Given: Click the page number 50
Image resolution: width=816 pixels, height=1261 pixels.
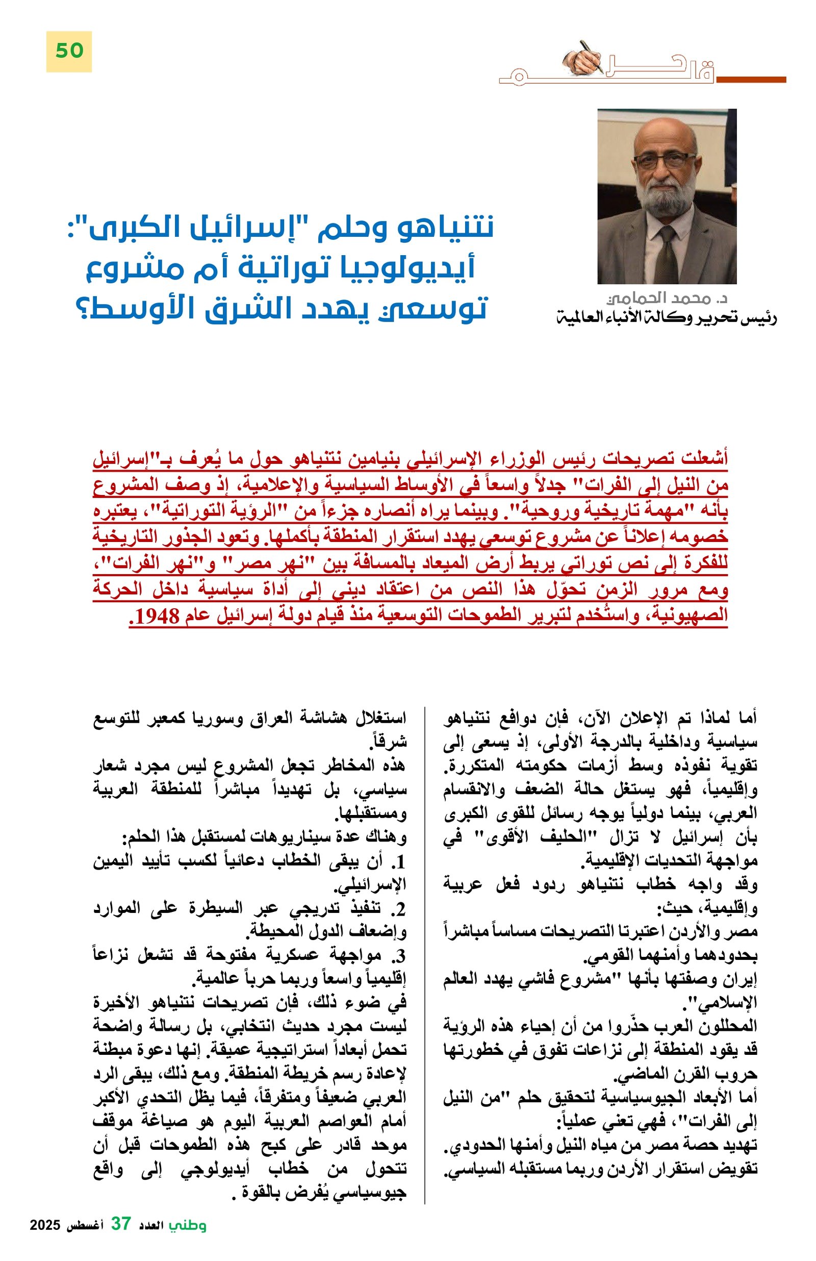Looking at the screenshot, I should [69, 51].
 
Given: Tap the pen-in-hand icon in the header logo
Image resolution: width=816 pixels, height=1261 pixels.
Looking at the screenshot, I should [587, 57].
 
